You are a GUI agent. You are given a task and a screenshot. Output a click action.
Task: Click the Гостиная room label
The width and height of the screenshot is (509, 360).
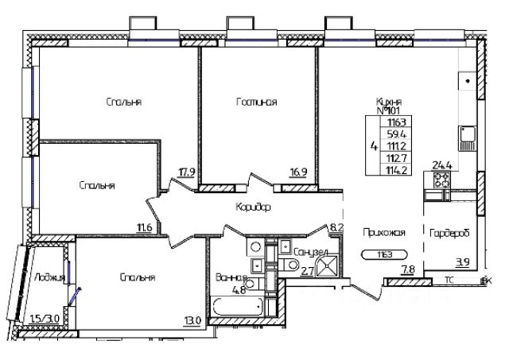(x=256, y=102)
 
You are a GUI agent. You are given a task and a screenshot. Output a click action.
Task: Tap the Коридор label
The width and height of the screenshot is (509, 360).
(x=254, y=207)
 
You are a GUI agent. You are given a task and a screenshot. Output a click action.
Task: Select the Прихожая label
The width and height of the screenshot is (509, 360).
(x=384, y=233)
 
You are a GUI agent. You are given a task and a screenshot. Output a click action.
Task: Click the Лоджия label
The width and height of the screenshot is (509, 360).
(x=49, y=277)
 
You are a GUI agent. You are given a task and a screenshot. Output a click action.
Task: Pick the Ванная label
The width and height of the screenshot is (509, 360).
(x=229, y=277)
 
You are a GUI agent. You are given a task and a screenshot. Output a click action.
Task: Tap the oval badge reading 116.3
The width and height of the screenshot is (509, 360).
(x=378, y=255)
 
